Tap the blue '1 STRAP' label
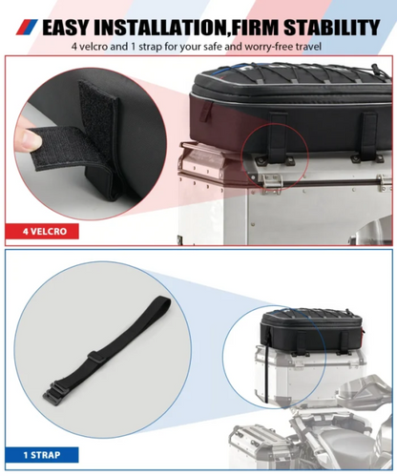pos(38,453)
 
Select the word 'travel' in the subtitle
pos(304,45)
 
